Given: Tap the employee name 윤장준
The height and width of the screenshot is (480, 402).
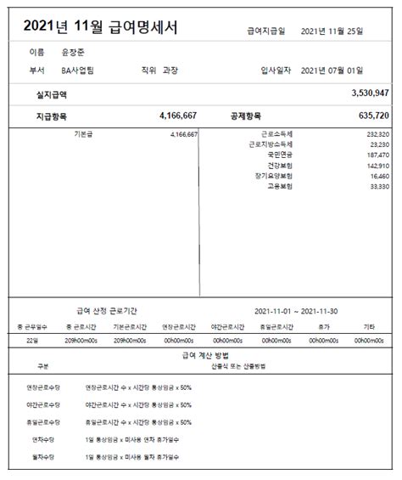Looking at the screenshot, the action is click(74, 53).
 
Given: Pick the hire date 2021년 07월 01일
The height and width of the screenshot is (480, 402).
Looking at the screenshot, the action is click(332, 71).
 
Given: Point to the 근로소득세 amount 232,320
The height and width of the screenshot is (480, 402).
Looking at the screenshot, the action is click(378, 134).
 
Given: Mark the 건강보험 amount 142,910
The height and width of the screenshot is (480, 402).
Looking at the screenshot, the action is click(378, 165).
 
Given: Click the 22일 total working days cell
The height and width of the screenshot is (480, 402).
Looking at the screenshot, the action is click(33, 340).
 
